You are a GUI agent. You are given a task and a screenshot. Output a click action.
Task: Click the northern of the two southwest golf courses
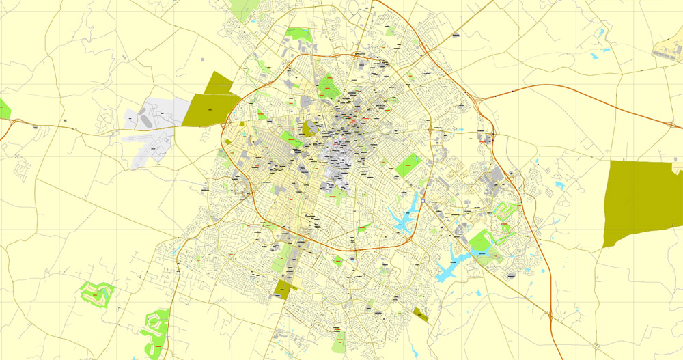click(x=96, y=292)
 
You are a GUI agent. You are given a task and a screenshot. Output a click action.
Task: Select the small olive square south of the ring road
click(x=281, y=289)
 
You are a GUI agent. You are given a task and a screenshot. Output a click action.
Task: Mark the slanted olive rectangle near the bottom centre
click(x=421, y=314)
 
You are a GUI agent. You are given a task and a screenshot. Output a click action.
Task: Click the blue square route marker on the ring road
click(x=423, y=201)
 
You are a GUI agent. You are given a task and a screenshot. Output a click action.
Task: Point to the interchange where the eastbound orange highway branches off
click(x=481, y=100)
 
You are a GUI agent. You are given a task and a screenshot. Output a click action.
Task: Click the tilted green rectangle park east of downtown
click(x=408, y=165)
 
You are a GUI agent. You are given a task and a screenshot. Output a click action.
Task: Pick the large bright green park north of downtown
click(x=329, y=86)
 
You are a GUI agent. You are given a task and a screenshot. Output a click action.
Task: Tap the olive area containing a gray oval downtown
click(x=309, y=128)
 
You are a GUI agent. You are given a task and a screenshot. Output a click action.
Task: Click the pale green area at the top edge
click(x=242, y=10)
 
